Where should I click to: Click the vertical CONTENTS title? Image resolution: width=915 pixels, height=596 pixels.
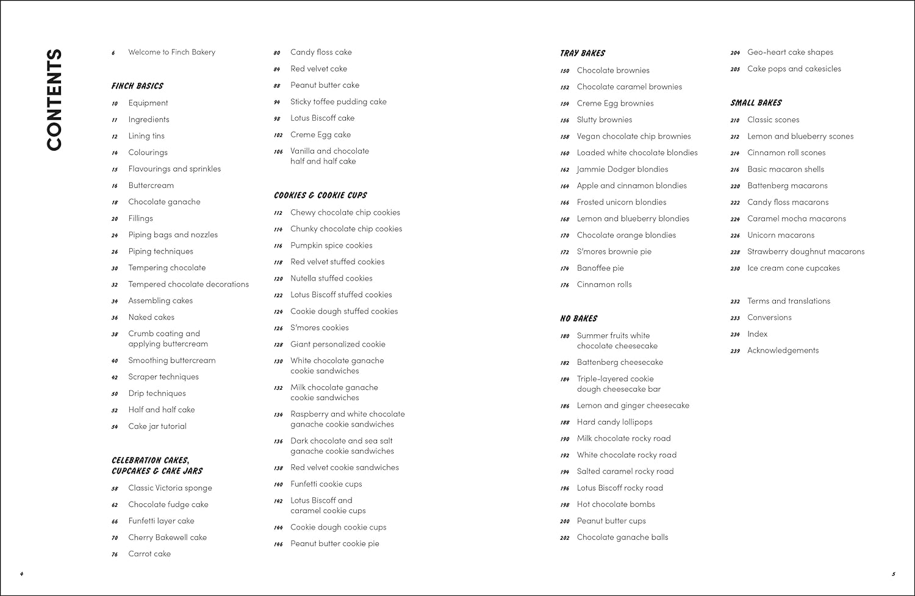coord(54,99)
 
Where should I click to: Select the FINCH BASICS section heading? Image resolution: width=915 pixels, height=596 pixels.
coord(137,86)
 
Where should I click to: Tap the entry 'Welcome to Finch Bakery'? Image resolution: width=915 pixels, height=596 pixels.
coord(171,52)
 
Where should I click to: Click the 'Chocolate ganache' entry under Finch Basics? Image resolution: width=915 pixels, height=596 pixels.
coord(164,202)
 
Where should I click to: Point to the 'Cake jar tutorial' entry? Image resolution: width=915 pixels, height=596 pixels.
coord(157,426)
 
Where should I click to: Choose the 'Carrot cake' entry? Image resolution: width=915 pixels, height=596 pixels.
coord(149,554)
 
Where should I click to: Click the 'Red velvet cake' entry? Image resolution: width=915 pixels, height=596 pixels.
coord(318,69)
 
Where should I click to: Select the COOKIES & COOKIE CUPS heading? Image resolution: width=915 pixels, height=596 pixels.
coord(320,195)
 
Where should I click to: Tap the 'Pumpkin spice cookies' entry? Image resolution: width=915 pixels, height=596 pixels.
coord(331,245)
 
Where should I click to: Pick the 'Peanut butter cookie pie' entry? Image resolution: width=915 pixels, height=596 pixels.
coord(334,544)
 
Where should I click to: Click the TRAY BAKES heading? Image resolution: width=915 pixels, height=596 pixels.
coord(583,53)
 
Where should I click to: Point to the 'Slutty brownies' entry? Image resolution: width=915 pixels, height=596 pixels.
coord(605,120)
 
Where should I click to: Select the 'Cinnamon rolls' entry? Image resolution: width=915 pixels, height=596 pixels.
coord(604,285)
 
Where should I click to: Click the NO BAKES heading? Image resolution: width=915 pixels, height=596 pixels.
coord(578,318)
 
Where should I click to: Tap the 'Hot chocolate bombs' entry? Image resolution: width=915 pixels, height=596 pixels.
coord(615,504)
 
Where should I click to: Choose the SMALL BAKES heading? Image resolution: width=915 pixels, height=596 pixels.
coord(756,102)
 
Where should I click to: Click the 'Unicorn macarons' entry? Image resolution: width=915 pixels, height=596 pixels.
coord(781,235)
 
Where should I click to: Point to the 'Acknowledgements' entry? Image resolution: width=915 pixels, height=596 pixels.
coord(783,351)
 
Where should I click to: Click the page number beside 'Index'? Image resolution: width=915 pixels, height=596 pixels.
coord(735,334)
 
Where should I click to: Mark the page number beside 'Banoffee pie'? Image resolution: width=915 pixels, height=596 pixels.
coord(565,268)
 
